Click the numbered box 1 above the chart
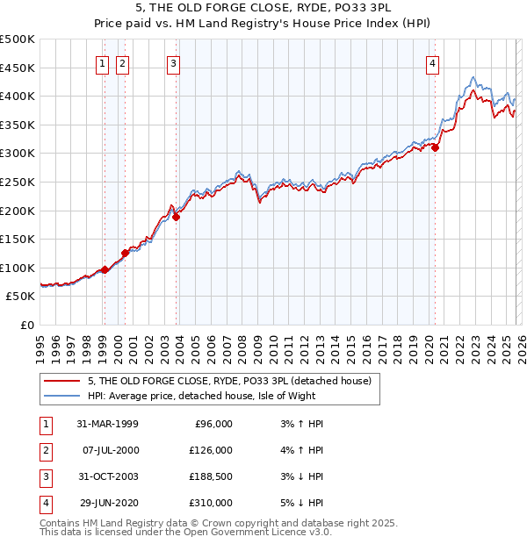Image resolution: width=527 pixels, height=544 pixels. [103, 63]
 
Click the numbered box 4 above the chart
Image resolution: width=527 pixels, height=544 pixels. [433, 63]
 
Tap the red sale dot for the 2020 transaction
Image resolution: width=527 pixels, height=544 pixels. [435, 147]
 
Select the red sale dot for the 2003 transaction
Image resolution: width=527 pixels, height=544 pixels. [177, 217]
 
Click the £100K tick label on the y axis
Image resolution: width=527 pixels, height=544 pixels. [18, 268]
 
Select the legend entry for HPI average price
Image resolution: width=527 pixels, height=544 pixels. [211, 396]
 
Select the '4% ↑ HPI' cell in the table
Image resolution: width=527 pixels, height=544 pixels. [298, 450]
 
